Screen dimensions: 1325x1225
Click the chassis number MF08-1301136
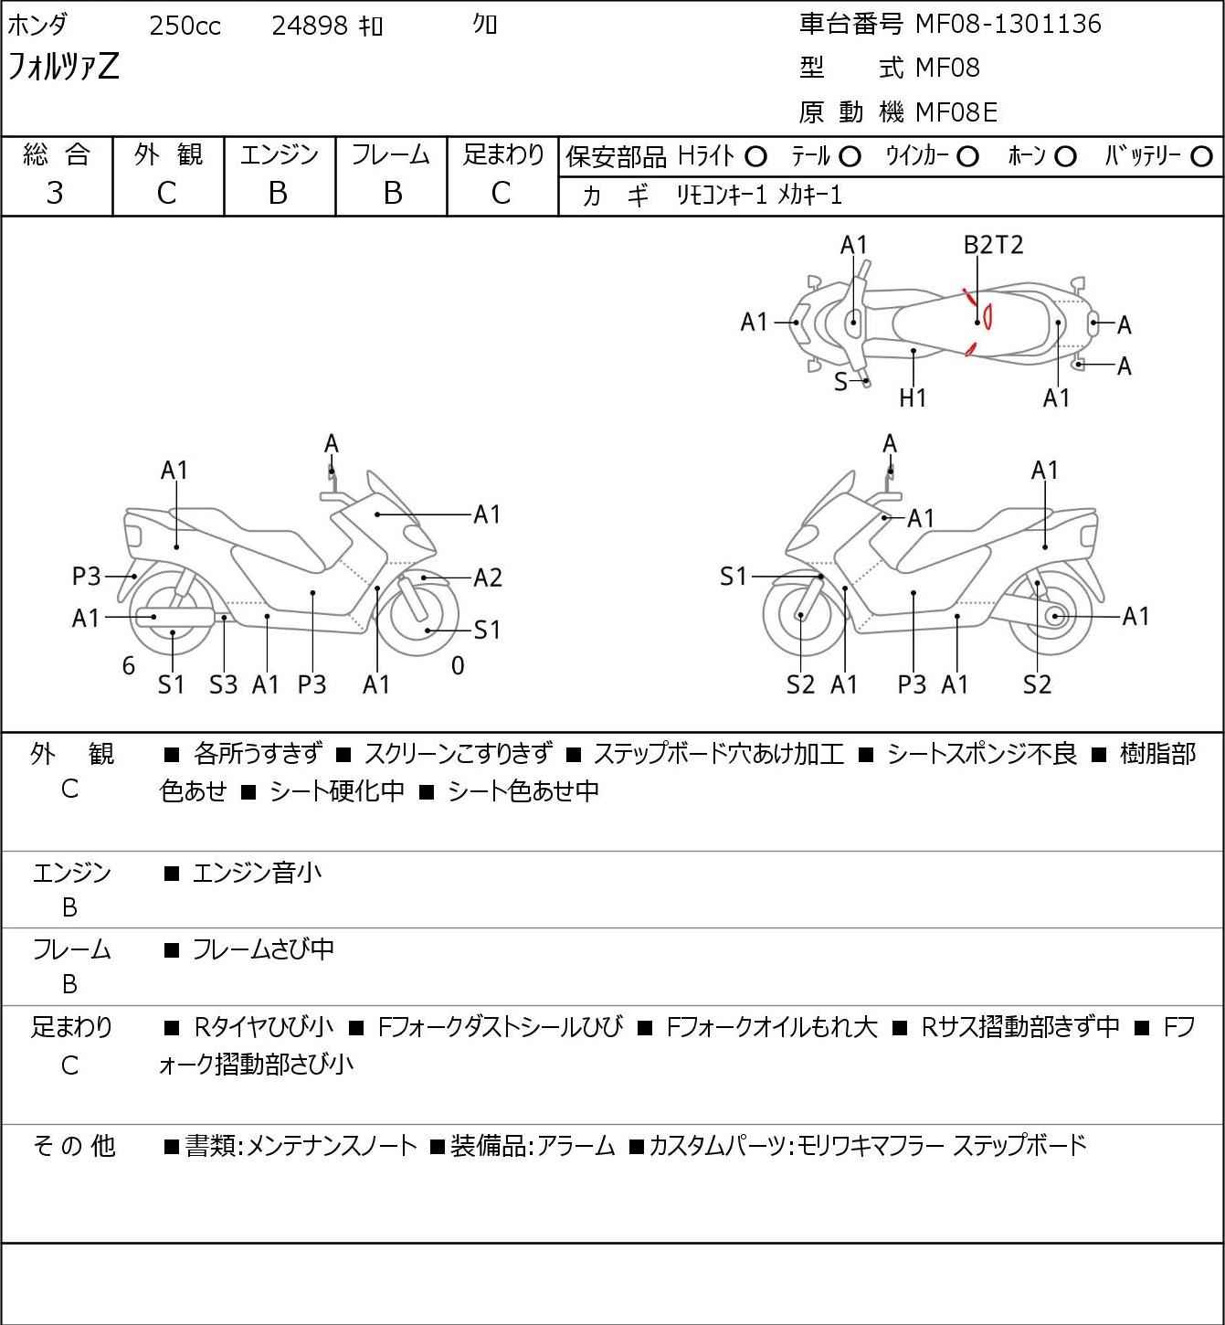(x=1009, y=24)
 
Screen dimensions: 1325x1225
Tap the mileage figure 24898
(x=310, y=26)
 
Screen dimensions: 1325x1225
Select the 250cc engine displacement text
(x=185, y=26)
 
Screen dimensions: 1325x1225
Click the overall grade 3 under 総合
(x=56, y=193)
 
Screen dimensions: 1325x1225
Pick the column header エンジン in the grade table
(x=280, y=155)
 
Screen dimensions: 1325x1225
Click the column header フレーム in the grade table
(x=391, y=155)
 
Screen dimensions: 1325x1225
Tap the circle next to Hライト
(x=755, y=157)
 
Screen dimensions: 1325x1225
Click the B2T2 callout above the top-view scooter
(x=993, y=245)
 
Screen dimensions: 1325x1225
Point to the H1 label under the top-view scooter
(x=913, y=397)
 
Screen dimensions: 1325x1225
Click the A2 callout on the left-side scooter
(x=488, y=578)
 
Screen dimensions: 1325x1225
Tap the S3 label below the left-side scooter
(x=223, y=684)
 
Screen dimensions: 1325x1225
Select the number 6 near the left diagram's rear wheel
(x=129, y=666)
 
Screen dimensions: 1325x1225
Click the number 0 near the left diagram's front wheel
(x=458, y=666)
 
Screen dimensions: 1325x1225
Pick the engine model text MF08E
(x=956, y=112)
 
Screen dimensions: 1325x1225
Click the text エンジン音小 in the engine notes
(x=258, y=874)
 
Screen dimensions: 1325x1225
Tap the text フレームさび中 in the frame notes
(x=263, y=950)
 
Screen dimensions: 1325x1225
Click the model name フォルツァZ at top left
(x=64, y=68)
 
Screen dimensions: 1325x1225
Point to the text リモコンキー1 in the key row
(x=722, y=195)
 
